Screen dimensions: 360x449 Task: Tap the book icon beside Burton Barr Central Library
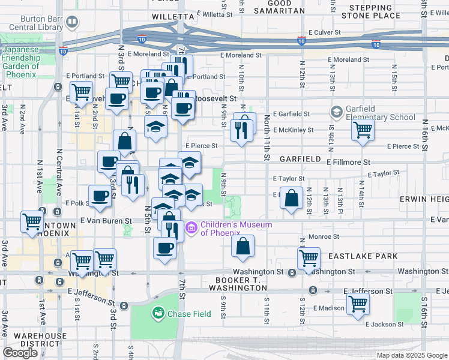[x=72, y=23]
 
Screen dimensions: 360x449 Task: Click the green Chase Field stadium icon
[x=158, y=313]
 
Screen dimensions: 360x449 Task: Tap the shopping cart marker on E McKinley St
[x=363, y=128]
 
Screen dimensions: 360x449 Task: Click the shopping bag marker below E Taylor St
[x=291, y=199]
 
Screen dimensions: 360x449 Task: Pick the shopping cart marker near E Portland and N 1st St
[x=81, y=92]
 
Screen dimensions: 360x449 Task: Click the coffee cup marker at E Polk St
[x=100, y=195]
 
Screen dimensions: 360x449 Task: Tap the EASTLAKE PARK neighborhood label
[x=363, y=256]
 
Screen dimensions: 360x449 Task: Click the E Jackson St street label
[x=385, y=325]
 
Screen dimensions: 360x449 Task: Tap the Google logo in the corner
[x=20, y=353]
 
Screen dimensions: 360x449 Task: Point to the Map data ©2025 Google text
[x=411, y=355]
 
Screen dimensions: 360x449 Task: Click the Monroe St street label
[x=324, y=236]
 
